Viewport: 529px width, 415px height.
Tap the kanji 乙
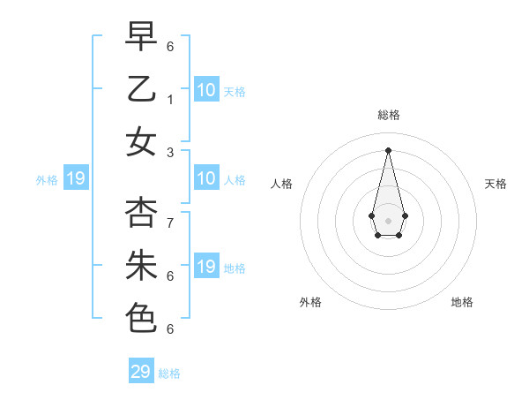(x=142, y=88)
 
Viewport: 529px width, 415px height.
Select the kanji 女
(x=142, y=141)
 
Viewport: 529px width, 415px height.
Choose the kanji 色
(x=142, y=318)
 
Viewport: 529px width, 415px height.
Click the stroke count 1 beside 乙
(x=171, y=99)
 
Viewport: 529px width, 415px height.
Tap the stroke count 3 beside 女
(x=171, y=152)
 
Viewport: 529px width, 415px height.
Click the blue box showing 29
(x=141, y=372)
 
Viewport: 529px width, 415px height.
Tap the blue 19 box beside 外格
(x=75, y=179)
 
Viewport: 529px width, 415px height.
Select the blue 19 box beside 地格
(x=206, y=267)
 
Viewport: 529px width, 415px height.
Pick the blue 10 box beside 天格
(x=206, y=90)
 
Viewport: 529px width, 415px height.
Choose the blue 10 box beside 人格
(x=206, y=179)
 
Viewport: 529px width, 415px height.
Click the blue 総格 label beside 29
(x=169, y=373)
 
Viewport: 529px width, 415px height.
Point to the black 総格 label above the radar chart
(x=389, y=115)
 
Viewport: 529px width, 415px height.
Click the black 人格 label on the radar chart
(x=281, y=184)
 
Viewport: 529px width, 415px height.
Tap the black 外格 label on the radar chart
(x=310, y=302)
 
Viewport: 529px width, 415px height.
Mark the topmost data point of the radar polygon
(x=388, y=149)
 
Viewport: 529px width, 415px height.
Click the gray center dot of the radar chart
(x=388, y=220)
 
